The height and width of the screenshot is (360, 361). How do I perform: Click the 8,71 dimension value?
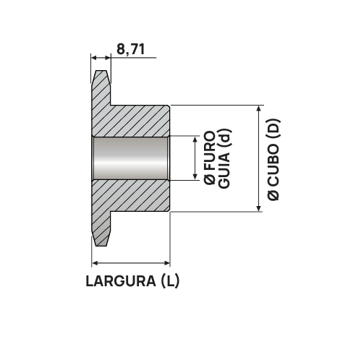(x=131, y=49)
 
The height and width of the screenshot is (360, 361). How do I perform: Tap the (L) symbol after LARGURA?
(x=169, y=281)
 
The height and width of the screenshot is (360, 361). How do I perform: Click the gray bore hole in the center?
(x=130, y=158)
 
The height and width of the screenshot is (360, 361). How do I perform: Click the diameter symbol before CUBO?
(x=273, y=195)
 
